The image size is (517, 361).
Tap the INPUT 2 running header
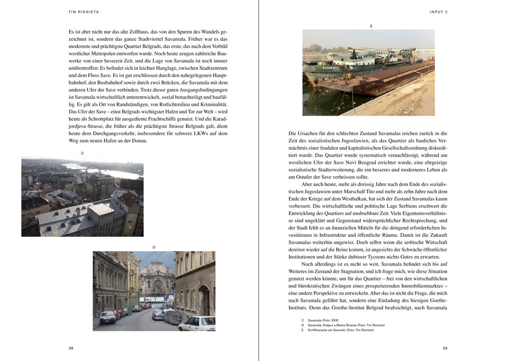(437, 11)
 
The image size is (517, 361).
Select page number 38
(71, 348)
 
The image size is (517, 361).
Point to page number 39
(445, 348)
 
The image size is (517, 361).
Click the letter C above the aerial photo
(83, 153)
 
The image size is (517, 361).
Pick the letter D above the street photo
(154, 247)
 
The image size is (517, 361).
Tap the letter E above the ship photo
(371, 25)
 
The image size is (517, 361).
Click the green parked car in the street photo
(127, 311)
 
